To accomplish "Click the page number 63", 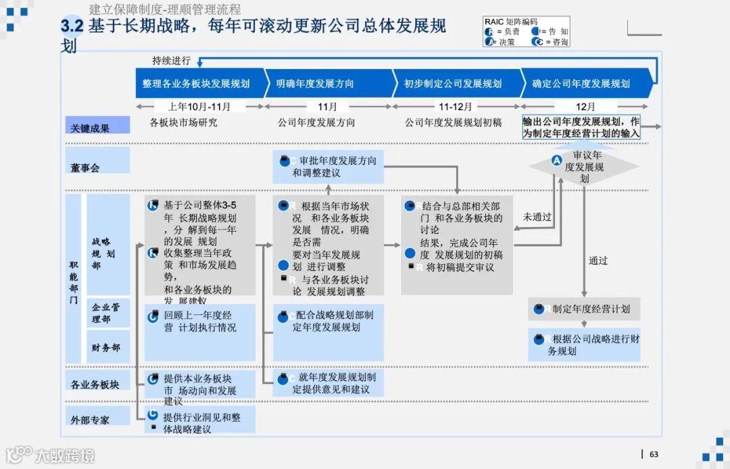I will [x=654, y=454].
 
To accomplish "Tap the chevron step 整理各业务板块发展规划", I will [x=196, y=84].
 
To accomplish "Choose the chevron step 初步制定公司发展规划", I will [x=453, y=84].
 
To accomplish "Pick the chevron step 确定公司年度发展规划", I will [x=581, y=84].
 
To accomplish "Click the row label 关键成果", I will [x=90, y=127].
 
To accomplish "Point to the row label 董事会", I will [x=85, y=167].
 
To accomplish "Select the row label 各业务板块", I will [x=95, y=384].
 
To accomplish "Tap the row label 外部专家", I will [x=90, y=419].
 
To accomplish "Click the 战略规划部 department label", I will [x=103, y=253].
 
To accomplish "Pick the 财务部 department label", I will [x=106, y=347].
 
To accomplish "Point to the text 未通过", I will [x=537, y=217].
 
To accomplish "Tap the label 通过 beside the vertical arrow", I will [x=598, y=260].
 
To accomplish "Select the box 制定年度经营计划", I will [x=584, y=309].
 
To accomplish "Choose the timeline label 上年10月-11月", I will [x=199, y=107].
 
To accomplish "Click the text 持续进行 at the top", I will [x=171, y=60].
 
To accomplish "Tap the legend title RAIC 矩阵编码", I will [x=511, y=22].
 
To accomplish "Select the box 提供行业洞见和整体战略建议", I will [x=200, y=422].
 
